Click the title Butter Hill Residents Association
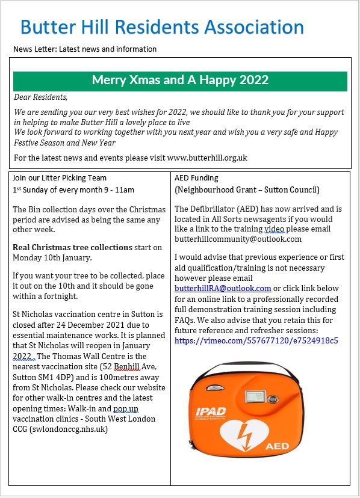point(161,27)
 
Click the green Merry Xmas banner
point(180,81)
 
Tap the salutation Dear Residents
point(41,97)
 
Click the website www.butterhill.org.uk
point(207,158)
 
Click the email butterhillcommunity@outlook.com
point(238,239)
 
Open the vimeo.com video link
point(256,340)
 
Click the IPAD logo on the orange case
point(210,412)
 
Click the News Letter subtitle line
point(85,49)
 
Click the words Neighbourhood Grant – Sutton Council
point(247,190)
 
